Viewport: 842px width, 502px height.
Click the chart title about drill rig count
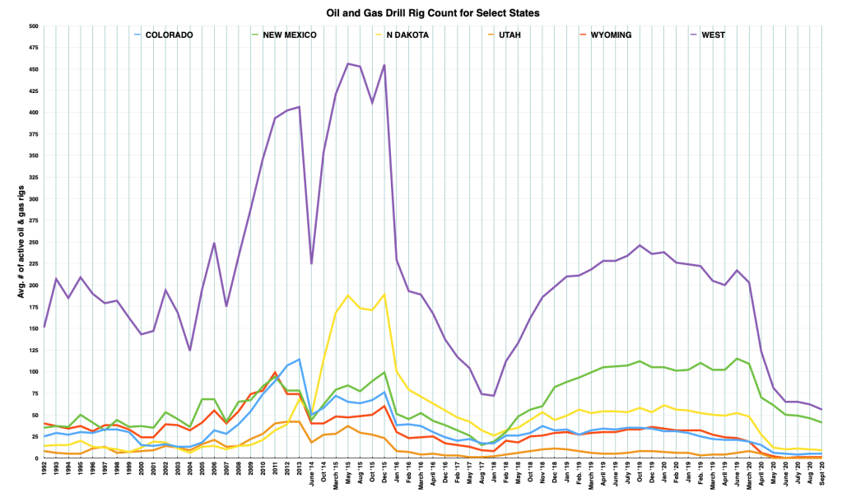coord(421,12)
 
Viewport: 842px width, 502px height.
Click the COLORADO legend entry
coord(169,35)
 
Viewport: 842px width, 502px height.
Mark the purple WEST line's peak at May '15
coord(348,63)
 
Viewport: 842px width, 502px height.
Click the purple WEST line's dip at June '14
coord(311,263)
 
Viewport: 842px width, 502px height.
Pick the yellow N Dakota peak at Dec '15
coord(384,295)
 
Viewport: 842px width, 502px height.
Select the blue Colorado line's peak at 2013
coord(300,359)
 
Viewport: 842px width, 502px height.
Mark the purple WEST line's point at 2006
coord(214,243)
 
